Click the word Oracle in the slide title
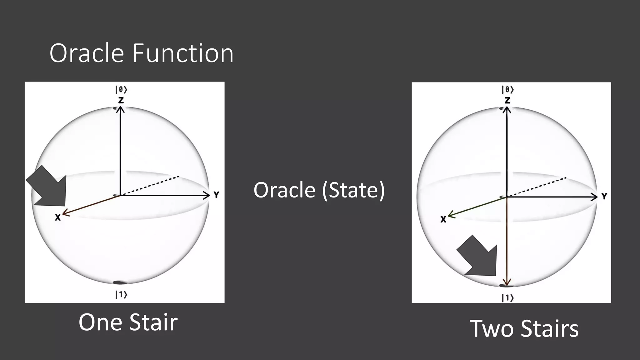tap(86, 53)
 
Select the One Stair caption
tap(128, 322)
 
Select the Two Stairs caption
tap(524, 328)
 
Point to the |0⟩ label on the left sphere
tap(121, 90)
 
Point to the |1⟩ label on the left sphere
tap(121, 294)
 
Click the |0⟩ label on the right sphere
tap(507, 90)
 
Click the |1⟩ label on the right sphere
tap(507, 298)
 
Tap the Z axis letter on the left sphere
tap(121, 100)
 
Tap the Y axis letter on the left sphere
tap(216, 195)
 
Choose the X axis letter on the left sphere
tap(58, 217)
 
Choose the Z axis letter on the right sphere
tap(507, 100)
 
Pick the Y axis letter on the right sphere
tap(604, 196)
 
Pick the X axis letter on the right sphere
tap(443, 220)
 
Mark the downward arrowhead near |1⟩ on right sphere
tap(507, 281)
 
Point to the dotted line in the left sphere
tap(150, 186)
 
